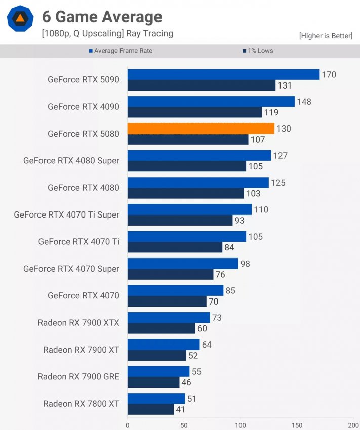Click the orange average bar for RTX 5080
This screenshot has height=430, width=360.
[x=201, y=128]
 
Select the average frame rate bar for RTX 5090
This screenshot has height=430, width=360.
[x=223, y=74]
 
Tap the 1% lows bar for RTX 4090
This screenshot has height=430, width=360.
[x=194, y=112]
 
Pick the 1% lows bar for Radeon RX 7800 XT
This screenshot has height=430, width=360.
[x=150, y=409]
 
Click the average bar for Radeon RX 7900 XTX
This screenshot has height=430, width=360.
[x=168, y=317]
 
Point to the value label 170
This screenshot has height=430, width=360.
[x=329, y=75]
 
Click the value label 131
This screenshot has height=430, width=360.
[x=285, y=85]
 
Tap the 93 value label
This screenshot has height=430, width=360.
[x=240, y=221]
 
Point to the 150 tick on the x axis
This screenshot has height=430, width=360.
[x=297, y=425]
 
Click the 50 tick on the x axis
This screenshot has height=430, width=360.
[x=184, y=425]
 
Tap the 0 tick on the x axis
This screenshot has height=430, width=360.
[x=128, y=425]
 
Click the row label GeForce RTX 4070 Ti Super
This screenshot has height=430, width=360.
[x=67, y=214]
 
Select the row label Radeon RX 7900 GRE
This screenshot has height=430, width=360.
[x=78, y=376]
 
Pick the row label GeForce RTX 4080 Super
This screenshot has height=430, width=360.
[x=71, y=161]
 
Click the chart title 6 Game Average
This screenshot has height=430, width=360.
[x=102, y=17]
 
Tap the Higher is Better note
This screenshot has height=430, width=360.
[x=326, y=36]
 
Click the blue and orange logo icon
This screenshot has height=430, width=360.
[x=20, y=19]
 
